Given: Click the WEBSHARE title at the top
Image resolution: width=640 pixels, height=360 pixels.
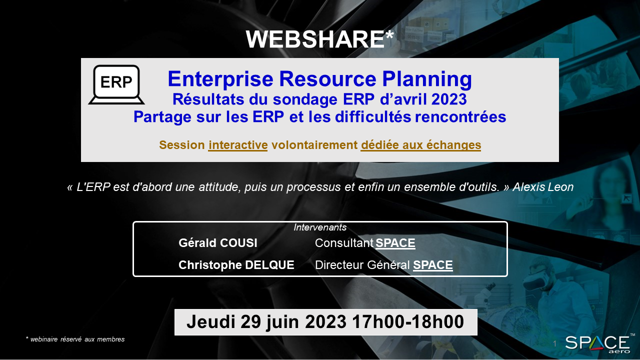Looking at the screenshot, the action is coord(319,39).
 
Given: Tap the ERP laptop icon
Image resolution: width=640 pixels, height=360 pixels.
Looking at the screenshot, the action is coord(116,84).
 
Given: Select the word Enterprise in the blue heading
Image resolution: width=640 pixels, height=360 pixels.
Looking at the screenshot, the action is coord(220,79).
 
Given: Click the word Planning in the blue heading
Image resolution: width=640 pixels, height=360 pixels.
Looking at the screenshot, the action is coord(427,79).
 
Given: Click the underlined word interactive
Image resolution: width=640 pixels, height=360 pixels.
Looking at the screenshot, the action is coord(237,145).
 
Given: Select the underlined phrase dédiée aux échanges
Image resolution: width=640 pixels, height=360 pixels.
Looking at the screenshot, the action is coord(421,145).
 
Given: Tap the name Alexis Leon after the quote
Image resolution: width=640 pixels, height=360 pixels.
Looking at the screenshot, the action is coord(543,187).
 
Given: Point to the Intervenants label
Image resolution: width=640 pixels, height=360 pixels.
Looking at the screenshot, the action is coord(320,227).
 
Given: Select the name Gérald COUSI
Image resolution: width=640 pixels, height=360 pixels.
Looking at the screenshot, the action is coord(217,243).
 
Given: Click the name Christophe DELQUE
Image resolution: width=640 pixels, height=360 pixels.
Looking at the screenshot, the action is coord(236,265).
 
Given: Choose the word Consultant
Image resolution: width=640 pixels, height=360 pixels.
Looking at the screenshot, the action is coord(344,243).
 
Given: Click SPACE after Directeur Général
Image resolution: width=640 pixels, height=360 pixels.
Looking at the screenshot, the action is coord(433,265).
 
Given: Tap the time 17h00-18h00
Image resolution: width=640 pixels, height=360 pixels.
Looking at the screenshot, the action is coord(408,322).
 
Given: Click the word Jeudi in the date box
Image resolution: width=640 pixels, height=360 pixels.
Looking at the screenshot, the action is coord(211,322).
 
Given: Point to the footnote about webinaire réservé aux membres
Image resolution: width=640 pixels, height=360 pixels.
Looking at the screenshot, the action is coord(75,339).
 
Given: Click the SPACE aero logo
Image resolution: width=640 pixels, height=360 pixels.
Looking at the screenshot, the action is coord(597,343).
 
